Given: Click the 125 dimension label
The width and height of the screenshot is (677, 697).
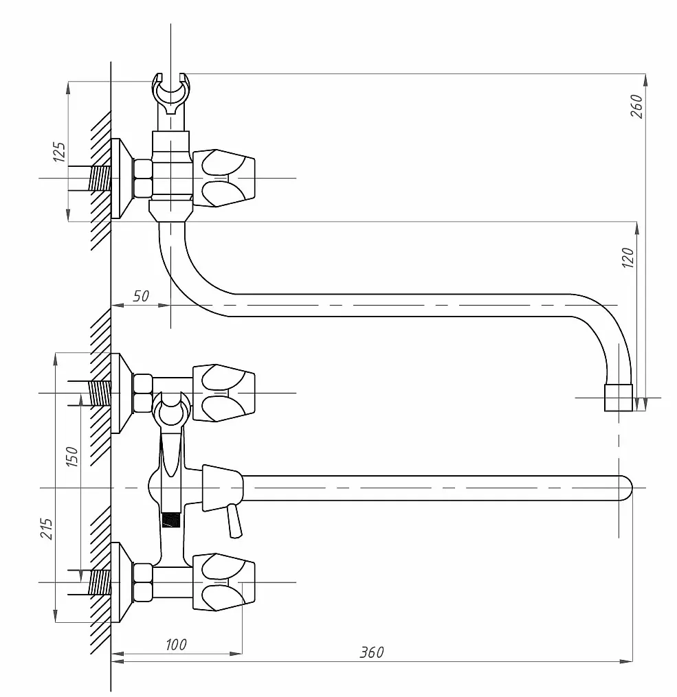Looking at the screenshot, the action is (x=60, y=152).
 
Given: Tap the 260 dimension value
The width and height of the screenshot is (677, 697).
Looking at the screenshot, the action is (x=636, y=106).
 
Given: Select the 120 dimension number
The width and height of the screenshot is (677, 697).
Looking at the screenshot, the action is (x=628, y=258).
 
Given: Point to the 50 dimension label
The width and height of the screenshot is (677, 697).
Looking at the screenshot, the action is (x=141, y=296).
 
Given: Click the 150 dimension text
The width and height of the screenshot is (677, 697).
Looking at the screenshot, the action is (x=72, y=457).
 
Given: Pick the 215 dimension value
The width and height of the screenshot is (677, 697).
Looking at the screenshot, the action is (x=47, y=529).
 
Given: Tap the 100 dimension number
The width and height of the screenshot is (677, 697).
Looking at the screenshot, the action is (x=176, y=645).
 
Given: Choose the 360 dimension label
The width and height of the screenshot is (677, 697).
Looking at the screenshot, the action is (x=371, y=652).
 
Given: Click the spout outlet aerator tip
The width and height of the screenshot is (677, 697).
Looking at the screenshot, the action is (x=619, y=398).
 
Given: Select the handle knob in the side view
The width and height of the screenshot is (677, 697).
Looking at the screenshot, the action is (x=224, y=179).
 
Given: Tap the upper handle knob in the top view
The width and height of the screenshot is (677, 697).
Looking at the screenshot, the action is (x=224, y=393).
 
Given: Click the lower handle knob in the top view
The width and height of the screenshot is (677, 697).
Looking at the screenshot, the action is (x=224, y=582).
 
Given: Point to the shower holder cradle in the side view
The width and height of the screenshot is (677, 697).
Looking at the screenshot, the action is (x=171, y=89).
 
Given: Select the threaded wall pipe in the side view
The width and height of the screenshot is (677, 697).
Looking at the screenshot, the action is (x=100, y=179).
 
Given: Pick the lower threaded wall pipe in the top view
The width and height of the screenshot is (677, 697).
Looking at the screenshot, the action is (x=100, y=582).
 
